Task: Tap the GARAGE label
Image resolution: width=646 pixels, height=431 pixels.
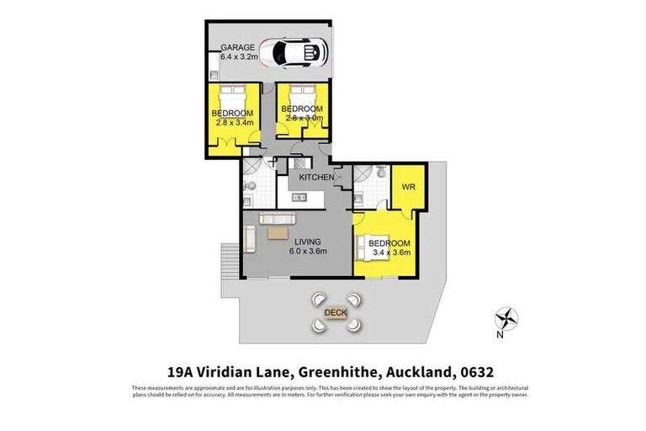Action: [236, 47]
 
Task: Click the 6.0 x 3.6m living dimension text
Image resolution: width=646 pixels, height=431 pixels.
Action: [286, 251]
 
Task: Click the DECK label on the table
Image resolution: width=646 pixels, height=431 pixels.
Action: [336, 312]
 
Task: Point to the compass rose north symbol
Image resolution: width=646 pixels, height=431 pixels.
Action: [507, 318]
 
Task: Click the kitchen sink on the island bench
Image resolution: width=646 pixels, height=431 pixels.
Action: [297, 199]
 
